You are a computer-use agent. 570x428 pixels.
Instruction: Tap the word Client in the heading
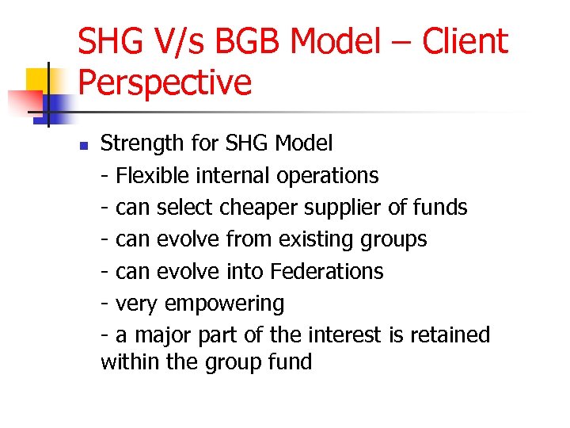(465, 42)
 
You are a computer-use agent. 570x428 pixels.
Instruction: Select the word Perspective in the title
(165, 82)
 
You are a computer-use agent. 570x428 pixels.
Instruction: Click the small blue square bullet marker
(83, 145)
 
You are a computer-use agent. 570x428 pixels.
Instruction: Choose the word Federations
(326, 271)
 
